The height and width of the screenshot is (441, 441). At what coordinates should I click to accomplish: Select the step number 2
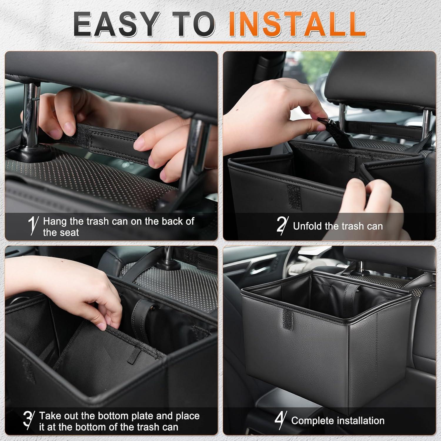tap(282, 225)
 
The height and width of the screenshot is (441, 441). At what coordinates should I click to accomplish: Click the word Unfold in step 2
tap(308, 226)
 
